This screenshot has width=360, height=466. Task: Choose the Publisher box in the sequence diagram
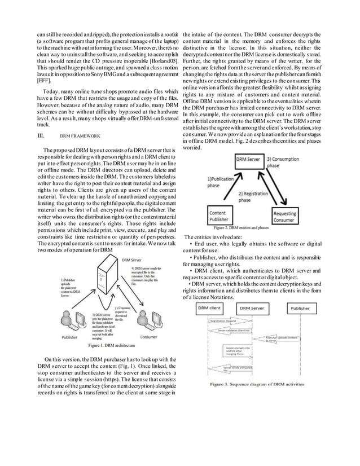[300, 308]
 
